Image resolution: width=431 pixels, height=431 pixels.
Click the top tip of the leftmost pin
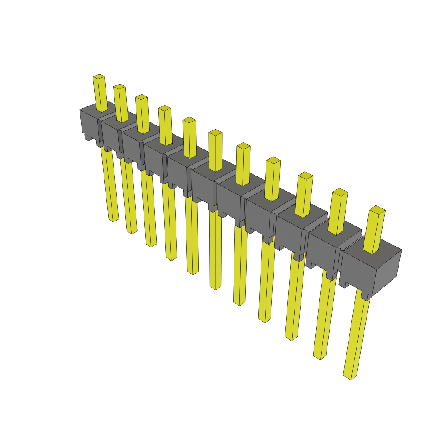pos(98,77)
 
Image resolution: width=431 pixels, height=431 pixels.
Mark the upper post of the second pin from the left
pos(120,104)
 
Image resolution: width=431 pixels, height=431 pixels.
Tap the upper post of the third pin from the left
pos(142,114)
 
